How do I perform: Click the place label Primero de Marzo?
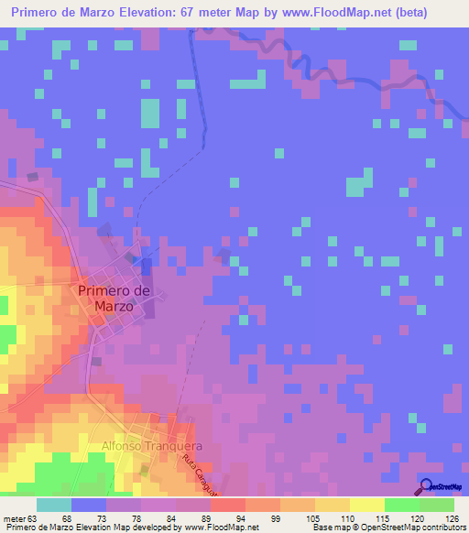115,299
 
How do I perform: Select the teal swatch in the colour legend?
54,505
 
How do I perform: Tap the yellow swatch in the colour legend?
367,505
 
